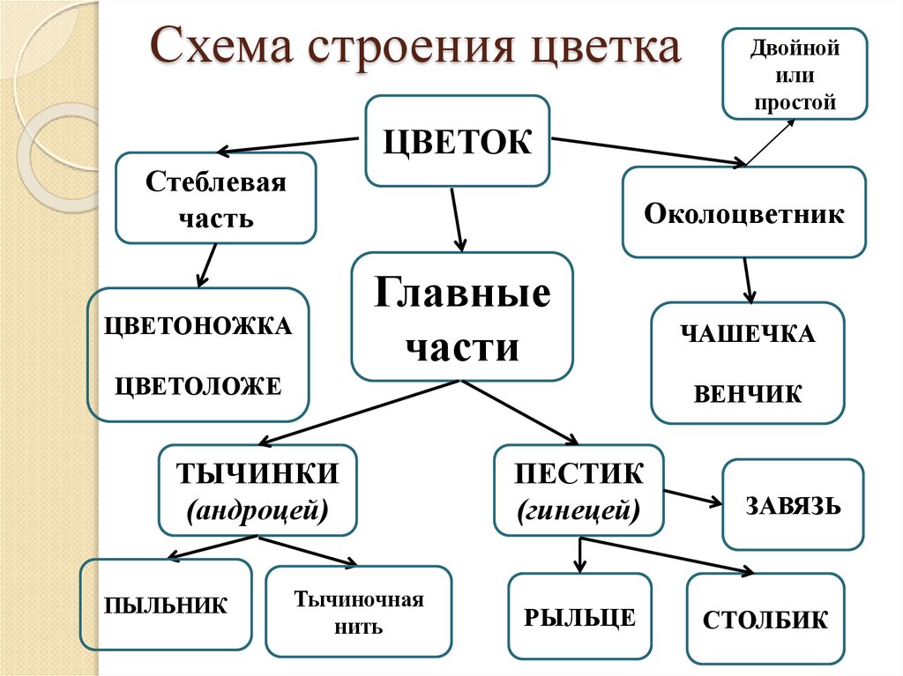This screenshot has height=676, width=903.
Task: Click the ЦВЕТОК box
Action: (x=458, y=141)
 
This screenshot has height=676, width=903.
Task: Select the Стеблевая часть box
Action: (x=216, y=198)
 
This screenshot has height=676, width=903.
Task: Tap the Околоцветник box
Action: (x=744, y=213)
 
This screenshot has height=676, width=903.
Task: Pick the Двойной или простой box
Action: (x=794, y=73)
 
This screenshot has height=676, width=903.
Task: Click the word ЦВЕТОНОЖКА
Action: (x=198, y=325)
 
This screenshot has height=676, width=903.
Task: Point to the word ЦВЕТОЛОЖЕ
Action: (x=198, y=384)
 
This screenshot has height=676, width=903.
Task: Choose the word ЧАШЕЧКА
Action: (x=748, y=335)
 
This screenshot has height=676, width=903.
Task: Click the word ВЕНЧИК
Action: (x=748, y=393)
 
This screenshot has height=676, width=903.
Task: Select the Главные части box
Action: (x=462, y=316)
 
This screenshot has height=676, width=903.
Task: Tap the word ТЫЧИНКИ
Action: (x=258, y=474)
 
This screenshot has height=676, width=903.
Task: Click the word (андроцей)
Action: (x=257, y=509)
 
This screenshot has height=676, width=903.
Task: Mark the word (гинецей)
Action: (x=578, y=509)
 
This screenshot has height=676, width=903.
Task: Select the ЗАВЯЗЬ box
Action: (x=793, y=505)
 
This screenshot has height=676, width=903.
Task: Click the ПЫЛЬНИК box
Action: (x=166, y=605)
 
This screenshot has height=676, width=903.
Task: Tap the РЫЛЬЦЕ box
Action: (x=580, y=616)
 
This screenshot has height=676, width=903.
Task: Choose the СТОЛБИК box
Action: (x=765, y=619)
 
